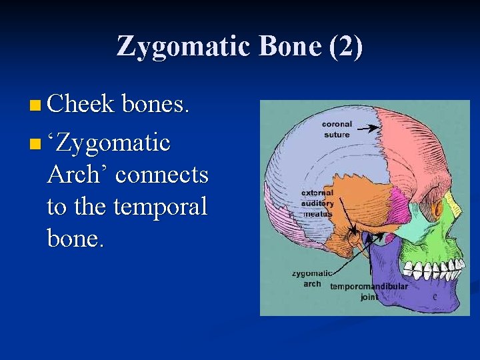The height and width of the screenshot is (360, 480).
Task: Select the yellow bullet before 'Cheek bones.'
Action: point(35,105)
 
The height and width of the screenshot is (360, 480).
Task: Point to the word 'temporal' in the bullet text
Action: point(161,207)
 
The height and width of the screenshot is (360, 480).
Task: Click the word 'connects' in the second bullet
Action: point(162,175)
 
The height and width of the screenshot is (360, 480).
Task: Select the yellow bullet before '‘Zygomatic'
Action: point(35,143)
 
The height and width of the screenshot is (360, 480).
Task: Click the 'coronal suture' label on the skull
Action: point(337,129)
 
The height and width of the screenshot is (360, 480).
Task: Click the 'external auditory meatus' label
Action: point(317,203)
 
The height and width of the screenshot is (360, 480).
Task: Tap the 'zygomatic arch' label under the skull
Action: point(312,278)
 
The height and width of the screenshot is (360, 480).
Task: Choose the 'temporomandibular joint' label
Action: point(369,291)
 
